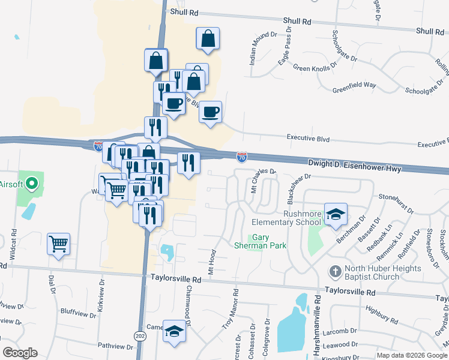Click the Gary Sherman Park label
pos(268,242)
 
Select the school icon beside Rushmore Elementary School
pos(336,214)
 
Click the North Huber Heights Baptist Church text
pos(375,272)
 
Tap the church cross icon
pos(336,272)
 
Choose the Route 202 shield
pos(140,335)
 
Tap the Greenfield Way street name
pos(354,86)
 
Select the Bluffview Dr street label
pos(78,313)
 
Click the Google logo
pos(20,353)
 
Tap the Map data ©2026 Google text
pos(411,355)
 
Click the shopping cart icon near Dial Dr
pos(59,244)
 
